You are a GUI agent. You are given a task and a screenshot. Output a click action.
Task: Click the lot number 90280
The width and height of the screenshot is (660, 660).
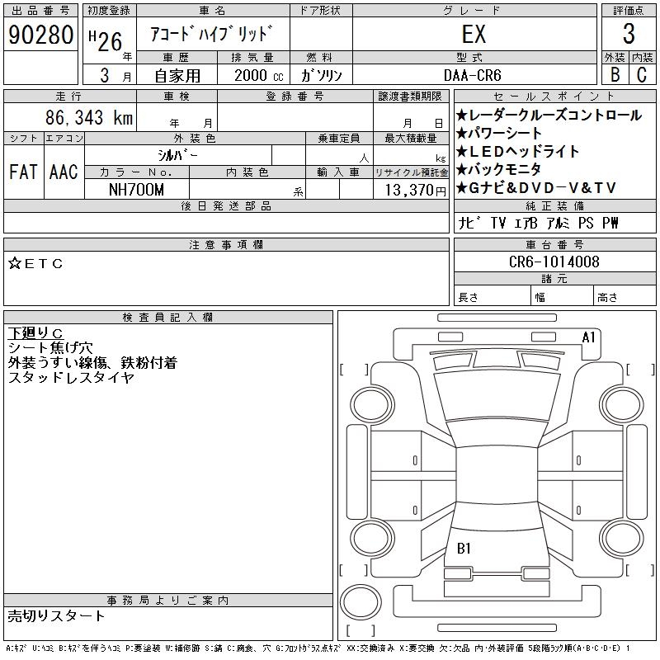[x=40, y=35]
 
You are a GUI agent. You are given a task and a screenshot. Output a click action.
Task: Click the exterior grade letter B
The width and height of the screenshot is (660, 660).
[x=615, y=74]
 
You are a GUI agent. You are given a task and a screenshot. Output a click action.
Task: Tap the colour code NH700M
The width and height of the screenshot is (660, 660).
[x=137, y=190]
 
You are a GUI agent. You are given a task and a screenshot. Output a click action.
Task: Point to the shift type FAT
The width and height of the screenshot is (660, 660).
[x=23, y=172]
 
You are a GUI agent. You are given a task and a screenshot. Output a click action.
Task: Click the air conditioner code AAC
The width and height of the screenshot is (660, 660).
[x=64, y=172]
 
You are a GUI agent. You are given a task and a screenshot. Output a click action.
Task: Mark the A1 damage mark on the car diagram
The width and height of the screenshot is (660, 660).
[x=589, y=337]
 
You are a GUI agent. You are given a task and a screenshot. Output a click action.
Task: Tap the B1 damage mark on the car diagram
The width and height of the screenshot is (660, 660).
[x=464, y=548]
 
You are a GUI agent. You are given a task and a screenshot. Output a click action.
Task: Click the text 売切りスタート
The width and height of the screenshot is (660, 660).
[x=57, y=615]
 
